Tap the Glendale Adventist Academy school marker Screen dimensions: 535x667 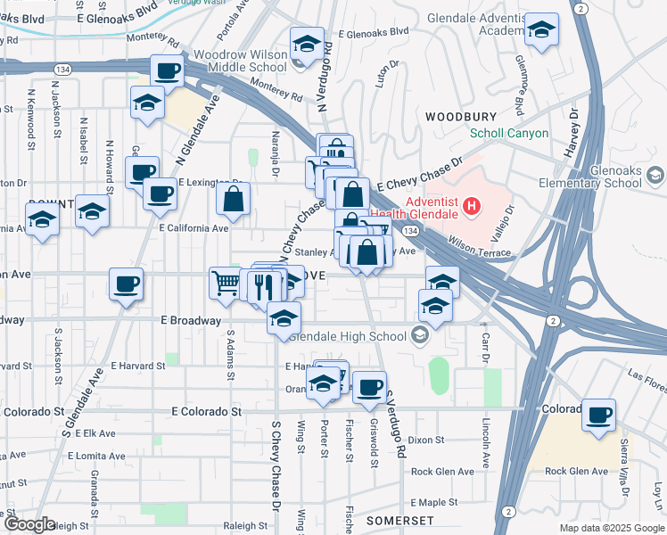(x=540, y=30)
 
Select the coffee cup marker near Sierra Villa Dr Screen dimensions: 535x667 (x=598, y=414)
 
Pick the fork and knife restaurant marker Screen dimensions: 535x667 (x=262, y=285)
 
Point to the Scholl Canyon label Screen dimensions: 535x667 (x=509, y=134)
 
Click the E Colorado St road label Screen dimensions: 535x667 (x=206, y=412)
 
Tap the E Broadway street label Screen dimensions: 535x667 (x=191, y=320)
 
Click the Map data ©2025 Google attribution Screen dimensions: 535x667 (x=611, y=528)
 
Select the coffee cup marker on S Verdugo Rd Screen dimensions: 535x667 (x=368, y=387)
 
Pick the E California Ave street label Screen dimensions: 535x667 (x=194, y=227)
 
